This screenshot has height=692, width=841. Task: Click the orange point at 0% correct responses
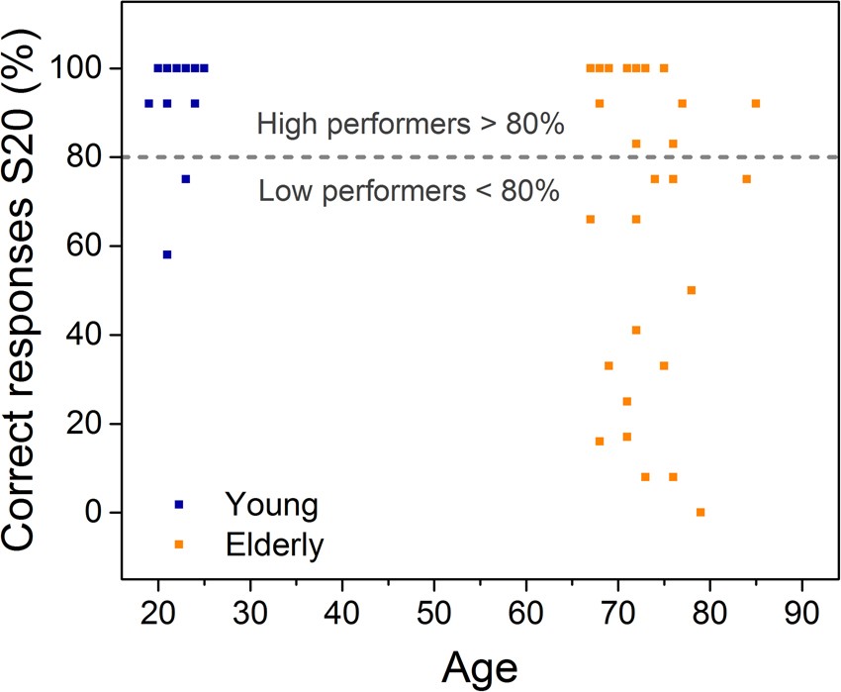(x=701, y=512)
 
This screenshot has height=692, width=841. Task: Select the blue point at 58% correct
(x=167, y=254)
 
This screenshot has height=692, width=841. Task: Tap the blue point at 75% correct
(x=185, y=179)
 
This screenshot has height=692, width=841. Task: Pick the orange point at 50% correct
(x=692, y=290)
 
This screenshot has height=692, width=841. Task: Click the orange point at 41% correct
(x=636, y=330)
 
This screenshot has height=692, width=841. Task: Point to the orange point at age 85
(x=756, y=103)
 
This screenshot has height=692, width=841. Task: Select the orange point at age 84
(x=747, y=179)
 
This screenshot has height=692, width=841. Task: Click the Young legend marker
(x=179, y=504)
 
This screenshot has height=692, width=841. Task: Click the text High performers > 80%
(x=410, y=125)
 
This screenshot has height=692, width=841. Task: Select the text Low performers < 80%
(x=409, y=190)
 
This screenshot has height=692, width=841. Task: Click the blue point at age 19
(x=148, y=103)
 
